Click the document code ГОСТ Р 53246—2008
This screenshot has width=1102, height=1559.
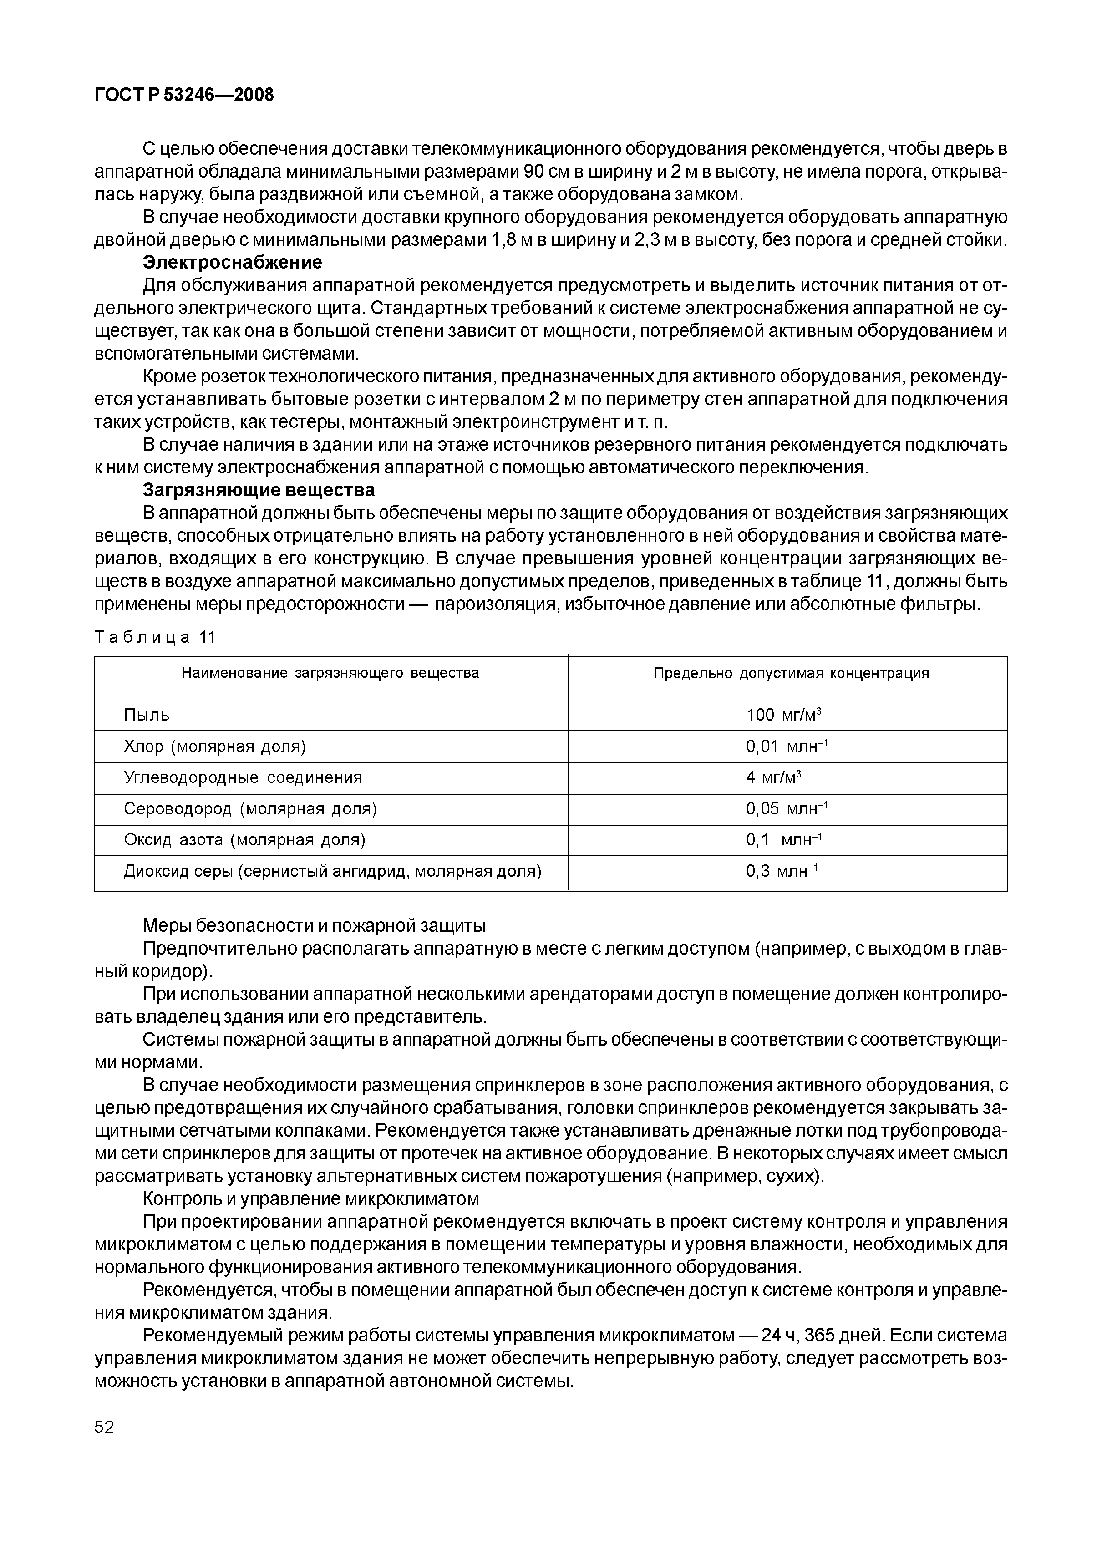(184, 95)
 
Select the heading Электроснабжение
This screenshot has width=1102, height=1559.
(232, 262)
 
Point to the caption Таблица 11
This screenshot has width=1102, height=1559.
(155, 637)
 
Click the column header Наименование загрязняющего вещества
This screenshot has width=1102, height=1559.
(330, 673)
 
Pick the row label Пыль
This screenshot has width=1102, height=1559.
(147, 715)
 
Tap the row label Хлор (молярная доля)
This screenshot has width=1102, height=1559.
(214, 747)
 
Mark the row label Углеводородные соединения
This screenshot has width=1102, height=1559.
(243, 777)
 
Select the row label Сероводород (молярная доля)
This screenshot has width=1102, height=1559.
(250, 809)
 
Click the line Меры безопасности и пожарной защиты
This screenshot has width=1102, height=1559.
(315, 925)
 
